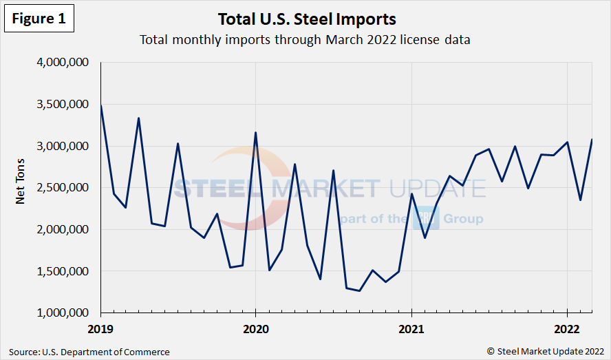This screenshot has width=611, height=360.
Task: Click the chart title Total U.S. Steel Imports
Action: [x=306, y=18]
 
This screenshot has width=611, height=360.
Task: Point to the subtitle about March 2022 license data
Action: [x=305, y=39]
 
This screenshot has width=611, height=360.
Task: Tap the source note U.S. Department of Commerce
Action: [x=89, y=352]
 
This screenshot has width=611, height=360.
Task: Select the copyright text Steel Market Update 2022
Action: [x=545, y=352]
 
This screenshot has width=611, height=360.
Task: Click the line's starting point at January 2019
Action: [x=101, y=105]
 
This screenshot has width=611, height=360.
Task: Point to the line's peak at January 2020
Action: [x=255, y=133]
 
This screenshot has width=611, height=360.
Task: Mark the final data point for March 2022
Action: [x=592, y=140]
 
